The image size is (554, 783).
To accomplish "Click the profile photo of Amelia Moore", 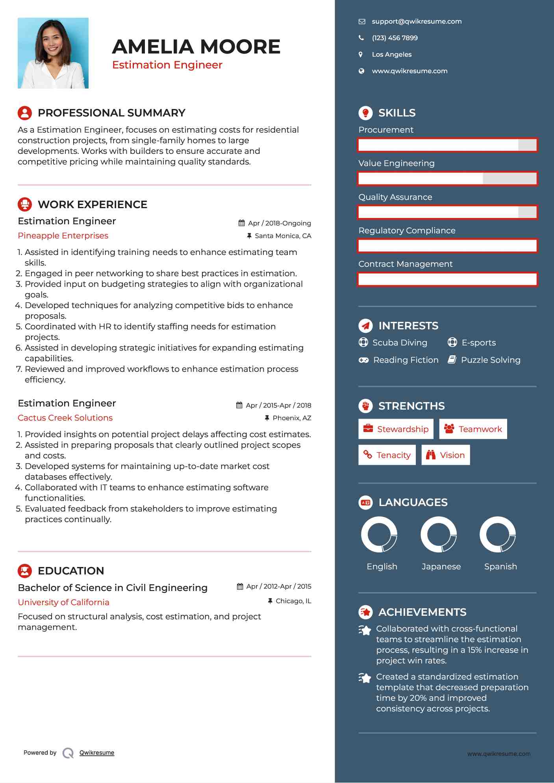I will click(53, 53).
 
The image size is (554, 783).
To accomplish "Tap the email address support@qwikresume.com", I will click(417, 22).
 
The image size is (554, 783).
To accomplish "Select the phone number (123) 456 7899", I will click(395, 38).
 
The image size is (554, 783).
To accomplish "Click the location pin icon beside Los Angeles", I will click(361, 55).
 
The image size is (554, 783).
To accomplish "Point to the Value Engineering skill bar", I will click(447, 179).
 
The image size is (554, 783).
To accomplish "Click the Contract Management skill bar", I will click(447, 279).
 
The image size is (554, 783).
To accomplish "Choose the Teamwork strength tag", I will click(473, 429).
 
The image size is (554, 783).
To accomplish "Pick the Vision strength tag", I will click(445, 455).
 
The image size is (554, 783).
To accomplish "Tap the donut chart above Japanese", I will click(439, 534).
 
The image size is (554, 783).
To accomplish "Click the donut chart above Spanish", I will click(498, 534).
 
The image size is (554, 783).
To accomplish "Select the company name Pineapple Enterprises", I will click(63, 236).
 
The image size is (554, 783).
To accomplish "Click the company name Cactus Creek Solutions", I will click(65, 418).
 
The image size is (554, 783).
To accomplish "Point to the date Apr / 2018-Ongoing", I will click(279, 223).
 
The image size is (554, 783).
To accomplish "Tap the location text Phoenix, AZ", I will click(292, 418).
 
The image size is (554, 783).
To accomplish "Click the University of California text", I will click(63, 602).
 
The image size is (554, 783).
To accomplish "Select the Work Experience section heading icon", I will click(25, 204).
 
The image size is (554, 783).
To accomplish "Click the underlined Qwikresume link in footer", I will click(97, 753).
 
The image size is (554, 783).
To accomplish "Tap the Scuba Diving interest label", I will click(400, 343).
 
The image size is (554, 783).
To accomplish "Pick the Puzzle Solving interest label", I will click(490, 360).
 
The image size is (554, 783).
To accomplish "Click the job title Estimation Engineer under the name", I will click(167, 65).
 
